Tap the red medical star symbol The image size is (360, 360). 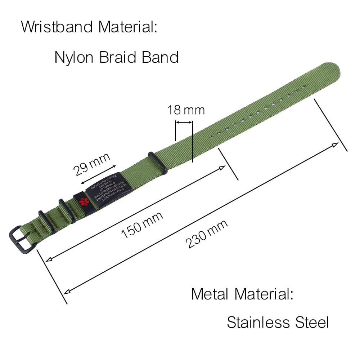(x=84, y=201)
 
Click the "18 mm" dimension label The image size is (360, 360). (x=186, y=110)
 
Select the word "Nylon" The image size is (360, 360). (x=74, y=57)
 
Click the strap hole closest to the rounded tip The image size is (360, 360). (x=303, y=86)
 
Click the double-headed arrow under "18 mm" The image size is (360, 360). (x=184, y=123)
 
